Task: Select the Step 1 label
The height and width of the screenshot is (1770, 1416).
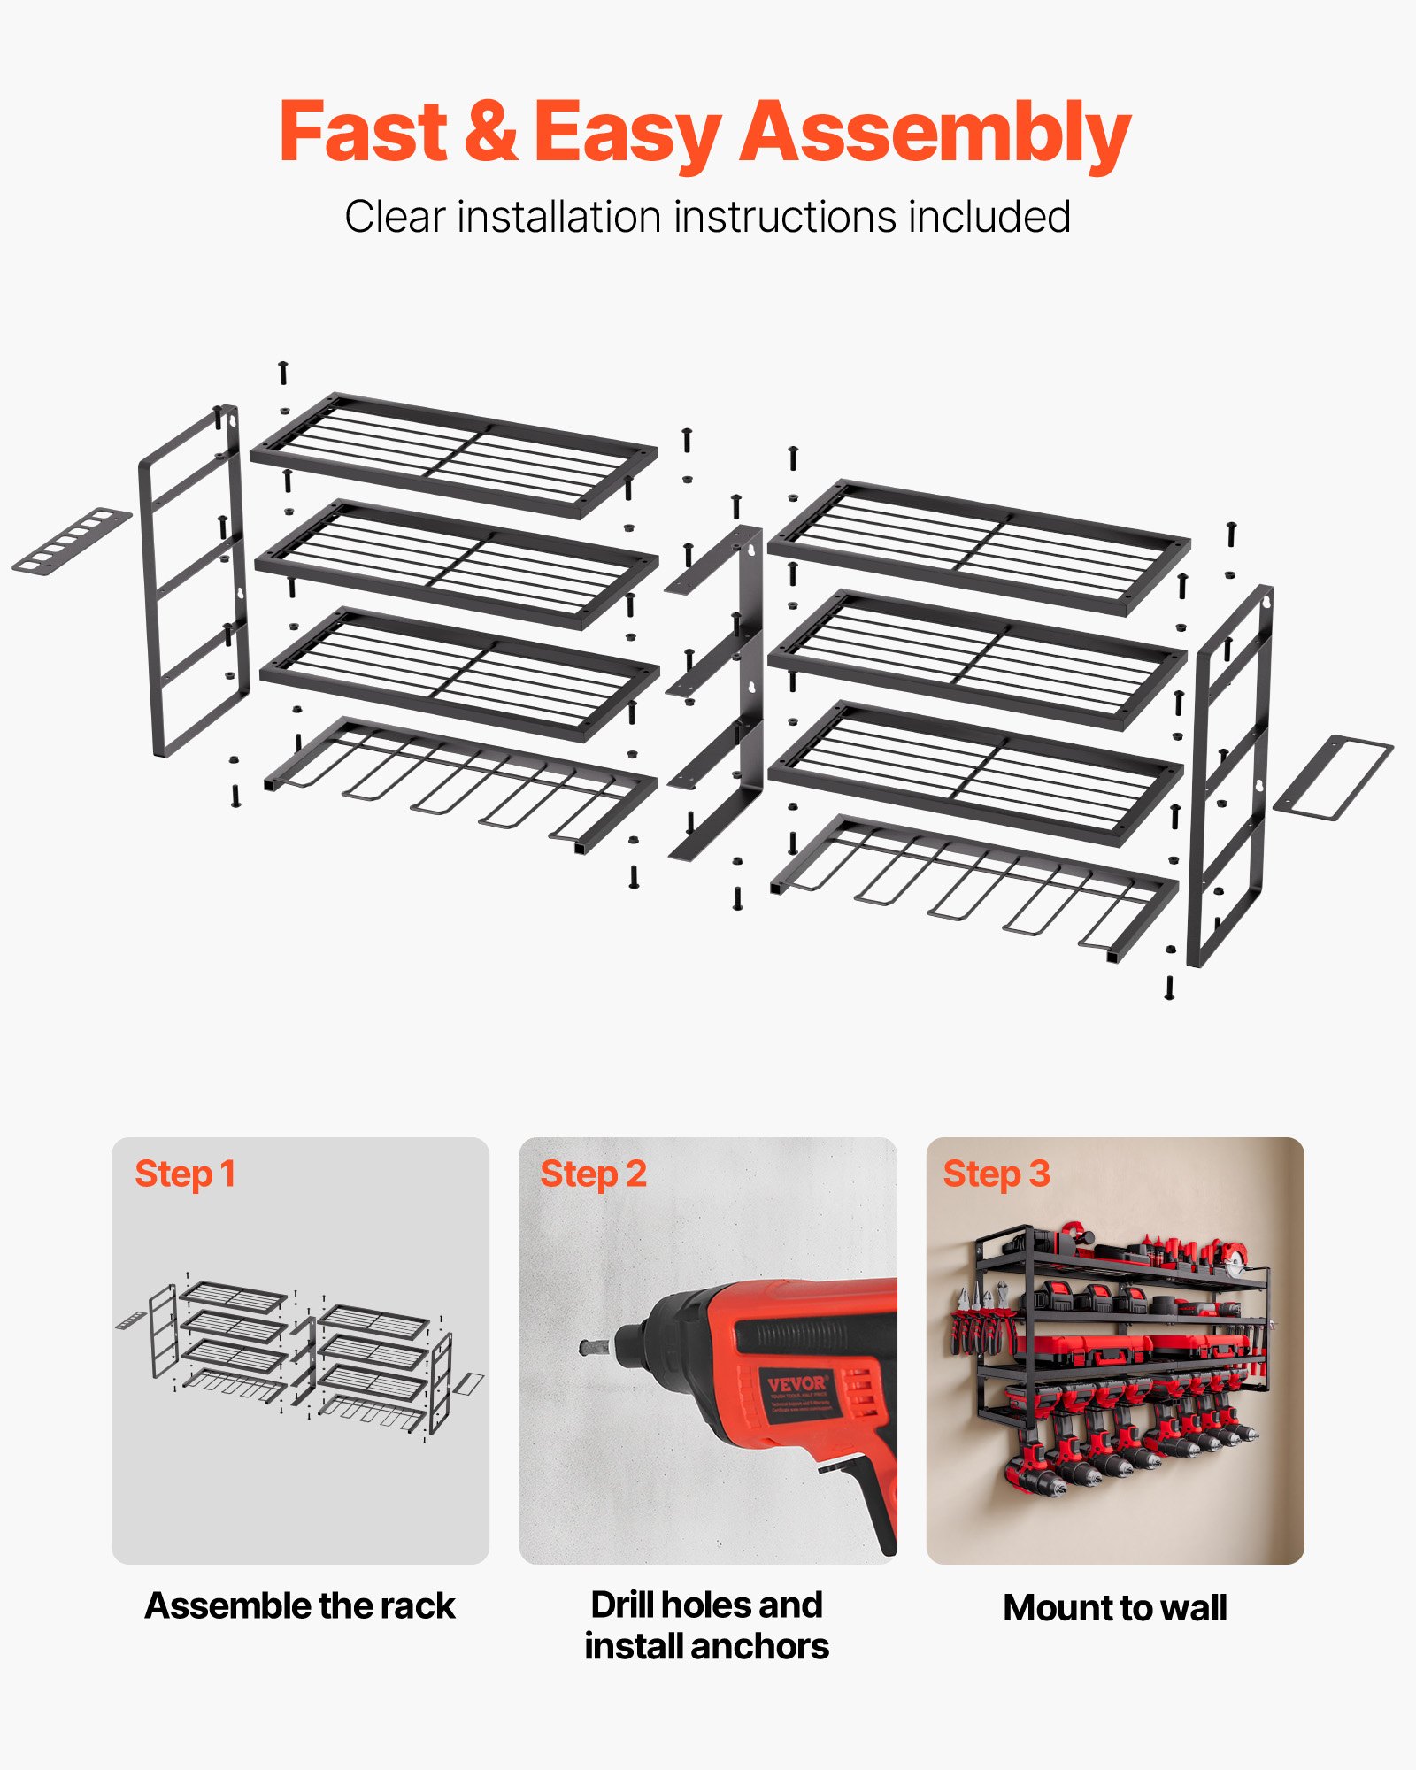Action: (185, 1174)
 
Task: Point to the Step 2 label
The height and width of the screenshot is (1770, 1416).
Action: (593, 1174)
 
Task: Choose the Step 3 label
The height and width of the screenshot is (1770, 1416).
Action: (996, 1174)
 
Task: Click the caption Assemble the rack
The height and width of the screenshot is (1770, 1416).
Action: (300, 1605)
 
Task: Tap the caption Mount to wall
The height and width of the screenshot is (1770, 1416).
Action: (1114, 1607)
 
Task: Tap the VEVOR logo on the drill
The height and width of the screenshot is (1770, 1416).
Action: (796, 1384)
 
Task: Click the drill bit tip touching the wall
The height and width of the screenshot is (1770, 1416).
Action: (585, 1348)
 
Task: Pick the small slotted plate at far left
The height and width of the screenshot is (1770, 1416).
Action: (71, 539)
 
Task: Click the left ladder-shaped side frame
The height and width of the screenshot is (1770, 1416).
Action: (193, 580)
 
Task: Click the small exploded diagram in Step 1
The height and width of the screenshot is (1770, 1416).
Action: (299, 1358)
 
